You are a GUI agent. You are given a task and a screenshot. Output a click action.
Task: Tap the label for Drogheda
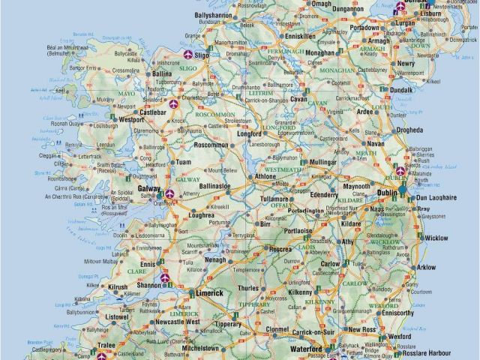411,129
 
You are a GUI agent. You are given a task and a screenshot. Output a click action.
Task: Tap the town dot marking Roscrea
268,250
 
